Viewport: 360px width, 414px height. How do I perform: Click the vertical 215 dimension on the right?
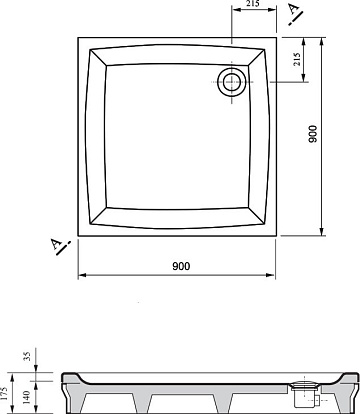[x=297, y=59]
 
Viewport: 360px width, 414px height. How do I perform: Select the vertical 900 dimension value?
[x=313, y=134]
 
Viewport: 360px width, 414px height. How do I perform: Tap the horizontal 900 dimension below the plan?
[x=181, y=266]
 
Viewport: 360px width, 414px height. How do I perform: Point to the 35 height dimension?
[x=28, y=356]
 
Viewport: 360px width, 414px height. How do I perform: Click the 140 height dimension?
[x=27, y=397]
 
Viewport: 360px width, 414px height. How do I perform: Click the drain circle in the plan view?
[x=232, y=82]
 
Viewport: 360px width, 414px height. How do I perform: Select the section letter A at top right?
[x=293, y=9]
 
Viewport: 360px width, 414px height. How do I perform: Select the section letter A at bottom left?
[x=55, y=244]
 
